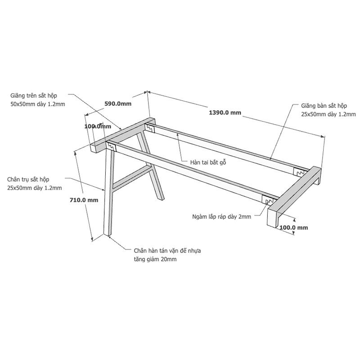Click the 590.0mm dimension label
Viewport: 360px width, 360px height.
click(x=118, y=103)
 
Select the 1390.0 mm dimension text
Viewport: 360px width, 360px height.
click(x=225, y=112)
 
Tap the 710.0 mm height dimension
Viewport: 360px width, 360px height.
click(x=84, y=200)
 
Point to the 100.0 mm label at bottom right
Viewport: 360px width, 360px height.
click(x=294, y=228)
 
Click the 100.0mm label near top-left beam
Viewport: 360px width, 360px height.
click(x=98, y=126)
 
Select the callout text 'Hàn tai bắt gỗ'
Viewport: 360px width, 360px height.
click(x=208, y=162)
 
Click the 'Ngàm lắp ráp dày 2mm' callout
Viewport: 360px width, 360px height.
click(x=221, y=216)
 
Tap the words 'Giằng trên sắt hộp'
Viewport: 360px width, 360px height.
click(x=34, y=95)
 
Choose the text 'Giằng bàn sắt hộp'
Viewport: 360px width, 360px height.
click(x=324, y=106)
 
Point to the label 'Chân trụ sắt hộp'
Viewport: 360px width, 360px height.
click(x=28, y=179)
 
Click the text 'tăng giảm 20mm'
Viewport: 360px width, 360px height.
click(x=155, y=259)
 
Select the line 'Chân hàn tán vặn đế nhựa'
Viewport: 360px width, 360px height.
click(x=167, y=251)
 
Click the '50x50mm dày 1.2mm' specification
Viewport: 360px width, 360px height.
click(x=38, y=104)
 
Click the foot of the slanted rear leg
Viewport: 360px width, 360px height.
click(x=161, y=198)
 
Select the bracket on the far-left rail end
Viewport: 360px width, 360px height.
click(x=150, y=128)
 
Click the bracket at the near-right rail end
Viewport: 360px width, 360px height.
click(x=268, y=200)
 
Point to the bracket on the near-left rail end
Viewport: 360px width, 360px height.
click(x=112, y=147)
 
